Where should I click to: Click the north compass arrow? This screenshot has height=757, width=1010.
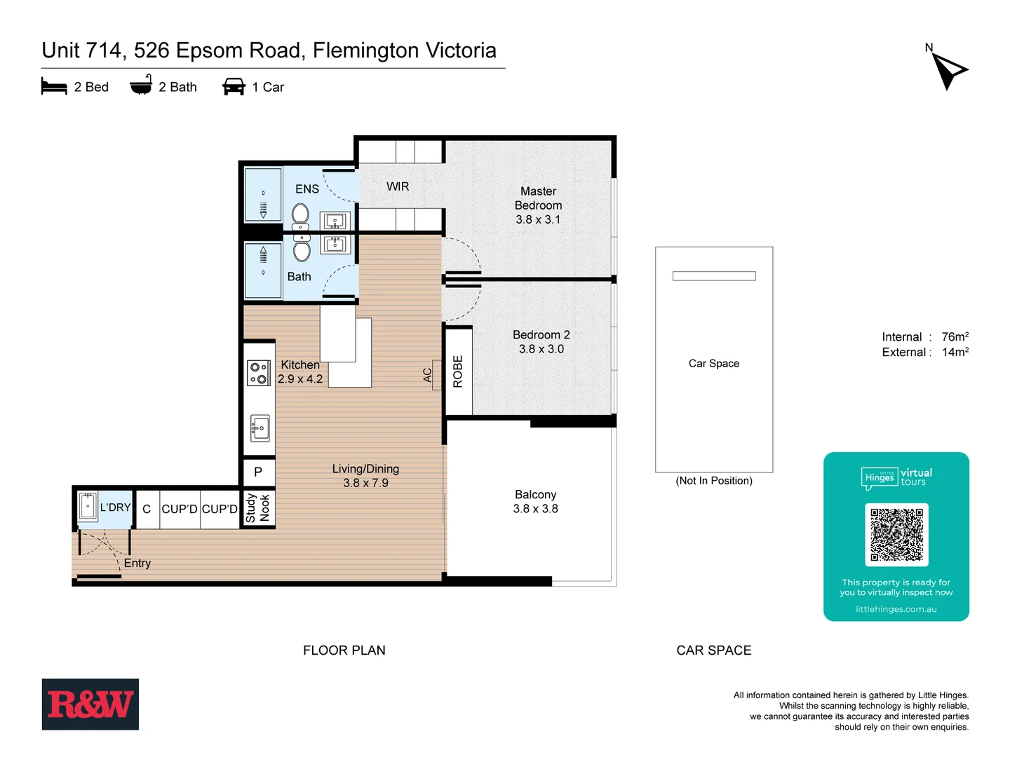click(948, 70)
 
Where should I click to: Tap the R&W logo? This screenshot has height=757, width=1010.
click(90, 704)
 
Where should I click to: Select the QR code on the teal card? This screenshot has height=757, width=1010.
click(896, 534)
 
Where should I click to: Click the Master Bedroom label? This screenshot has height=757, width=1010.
click(538, 205)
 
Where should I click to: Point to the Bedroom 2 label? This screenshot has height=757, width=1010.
click(541, 341)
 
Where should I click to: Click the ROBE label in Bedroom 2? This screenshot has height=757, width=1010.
click(458, 371)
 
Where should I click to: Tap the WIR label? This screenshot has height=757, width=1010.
click(398, 186)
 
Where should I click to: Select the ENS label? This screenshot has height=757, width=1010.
click(307, 189)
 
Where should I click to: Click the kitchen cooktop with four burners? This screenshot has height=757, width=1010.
click(259, 373)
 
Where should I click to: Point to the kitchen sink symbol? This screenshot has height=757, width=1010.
click(260, 428)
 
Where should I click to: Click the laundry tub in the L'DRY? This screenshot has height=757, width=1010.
click(88, 506)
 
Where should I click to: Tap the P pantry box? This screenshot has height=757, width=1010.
click(258, 472)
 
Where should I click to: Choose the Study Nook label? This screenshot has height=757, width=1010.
click(257, 508)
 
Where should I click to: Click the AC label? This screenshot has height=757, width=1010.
click(427, 375)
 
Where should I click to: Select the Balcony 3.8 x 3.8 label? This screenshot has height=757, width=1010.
click(535, 502)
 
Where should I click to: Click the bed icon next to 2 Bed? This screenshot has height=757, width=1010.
click(54, 87)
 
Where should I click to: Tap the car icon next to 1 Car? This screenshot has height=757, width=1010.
click(234, 87)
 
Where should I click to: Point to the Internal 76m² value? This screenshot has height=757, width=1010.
click(955, 337)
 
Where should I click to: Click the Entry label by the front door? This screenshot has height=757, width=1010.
click(137, 563)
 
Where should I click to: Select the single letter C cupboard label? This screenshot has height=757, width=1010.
click(147, 509)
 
